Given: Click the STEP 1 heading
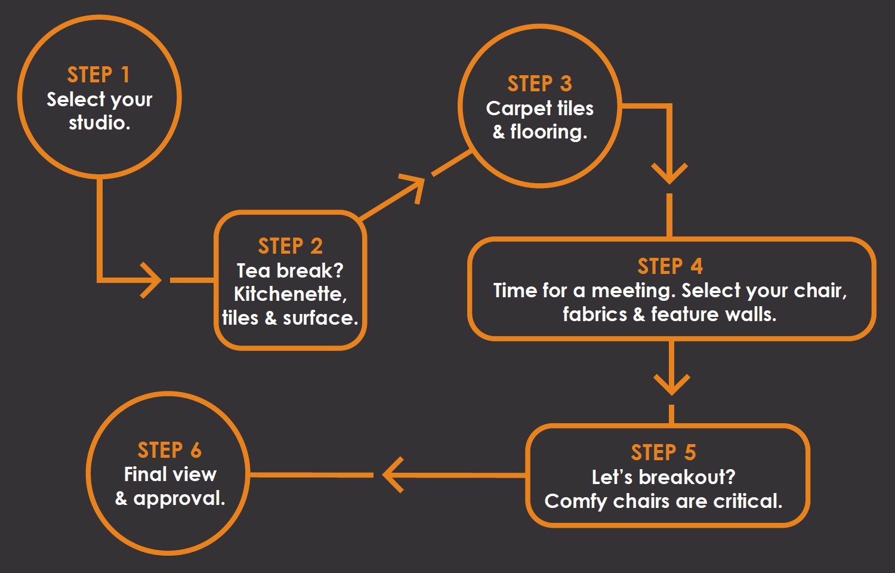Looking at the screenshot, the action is pyautogui.click(x=98, y=75).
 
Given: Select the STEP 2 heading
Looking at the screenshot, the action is pyautogui.click(x=290, y=246).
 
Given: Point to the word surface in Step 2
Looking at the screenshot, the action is pyautogui.click(x=320, y=318).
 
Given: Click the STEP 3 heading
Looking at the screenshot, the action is pyautogui.click(x=540, y=84).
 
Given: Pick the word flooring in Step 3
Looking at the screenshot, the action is pyautogui.click(x=548, y=133).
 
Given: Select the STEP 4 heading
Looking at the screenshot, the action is pyautogui.click(x=670, y=266).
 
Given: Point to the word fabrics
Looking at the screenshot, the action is pyautogui.click(x=595, y=314).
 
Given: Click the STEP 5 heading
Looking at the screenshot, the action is pyautogui.click(x=663, y=452).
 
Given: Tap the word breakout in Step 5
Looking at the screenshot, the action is pyautogui.click(x=687, y=477).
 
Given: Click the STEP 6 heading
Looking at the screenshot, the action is pyautogui.click(x=169, y=450).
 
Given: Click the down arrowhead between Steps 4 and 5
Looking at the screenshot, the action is pyautogui.click(x=672, y=384).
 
